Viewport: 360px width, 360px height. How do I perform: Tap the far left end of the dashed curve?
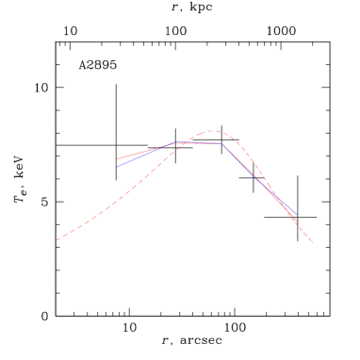point(57,240)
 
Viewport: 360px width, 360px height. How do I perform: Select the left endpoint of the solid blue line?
point(118,166)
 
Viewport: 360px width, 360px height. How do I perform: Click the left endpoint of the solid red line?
point(117,159)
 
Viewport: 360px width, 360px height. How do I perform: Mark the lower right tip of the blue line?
point(297,215)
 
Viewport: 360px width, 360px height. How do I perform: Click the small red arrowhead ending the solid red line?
point(295,221)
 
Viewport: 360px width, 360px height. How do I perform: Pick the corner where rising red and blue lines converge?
point(176,143)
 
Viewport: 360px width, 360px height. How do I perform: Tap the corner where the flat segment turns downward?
point(222,143)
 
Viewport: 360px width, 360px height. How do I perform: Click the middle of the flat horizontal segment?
point(199,143)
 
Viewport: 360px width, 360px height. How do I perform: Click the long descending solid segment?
point(259,181)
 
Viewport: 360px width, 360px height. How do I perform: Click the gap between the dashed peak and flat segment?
point(209,138)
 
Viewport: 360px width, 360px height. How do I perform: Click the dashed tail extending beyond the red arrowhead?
point(304,234)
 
